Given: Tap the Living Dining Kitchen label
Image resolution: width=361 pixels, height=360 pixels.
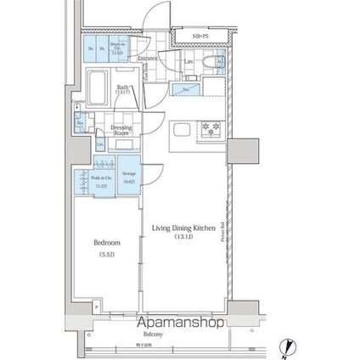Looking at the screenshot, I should [183, 228].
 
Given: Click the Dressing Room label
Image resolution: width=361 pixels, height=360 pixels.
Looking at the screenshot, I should [121, 131].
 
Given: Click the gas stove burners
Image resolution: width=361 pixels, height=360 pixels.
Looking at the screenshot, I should [208, 129].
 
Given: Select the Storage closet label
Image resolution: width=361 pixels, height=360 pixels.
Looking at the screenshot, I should [129, 177].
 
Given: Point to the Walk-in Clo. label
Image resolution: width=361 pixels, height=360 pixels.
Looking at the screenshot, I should [100, 181].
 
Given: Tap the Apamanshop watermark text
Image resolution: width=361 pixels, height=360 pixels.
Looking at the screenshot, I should [180, 323].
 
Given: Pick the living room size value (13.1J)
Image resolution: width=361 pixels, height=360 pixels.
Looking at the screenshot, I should [183, 236].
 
